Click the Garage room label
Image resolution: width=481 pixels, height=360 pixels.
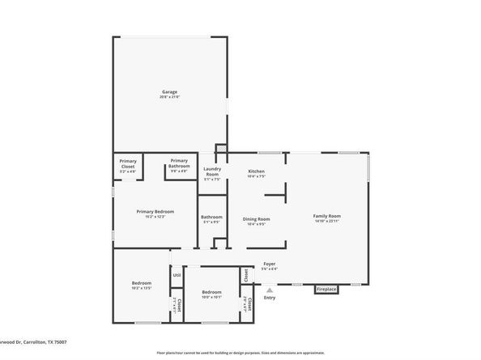click(169, 91)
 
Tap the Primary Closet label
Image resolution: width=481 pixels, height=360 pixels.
click(128, 163)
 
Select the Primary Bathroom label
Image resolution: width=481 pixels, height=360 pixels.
click(179, 163)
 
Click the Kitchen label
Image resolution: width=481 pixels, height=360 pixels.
click(256, 171)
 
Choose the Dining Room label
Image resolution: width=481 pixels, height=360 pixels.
click(256, 218)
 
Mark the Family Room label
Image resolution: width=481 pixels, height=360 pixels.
click(327, 216)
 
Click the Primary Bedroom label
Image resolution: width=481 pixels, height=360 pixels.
click(155, 211)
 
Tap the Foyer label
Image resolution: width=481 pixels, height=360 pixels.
click(270, 264)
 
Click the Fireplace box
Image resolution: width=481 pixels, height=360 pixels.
click(326, 288)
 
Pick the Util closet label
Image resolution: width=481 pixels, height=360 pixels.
click(177, 276)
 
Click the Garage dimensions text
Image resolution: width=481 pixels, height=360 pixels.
click(169, 97)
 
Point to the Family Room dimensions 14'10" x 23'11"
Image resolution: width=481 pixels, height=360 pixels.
click(327, 221)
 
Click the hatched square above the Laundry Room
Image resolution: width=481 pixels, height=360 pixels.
click(219, 149)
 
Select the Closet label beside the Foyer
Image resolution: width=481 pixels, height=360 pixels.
click(245, 276)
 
